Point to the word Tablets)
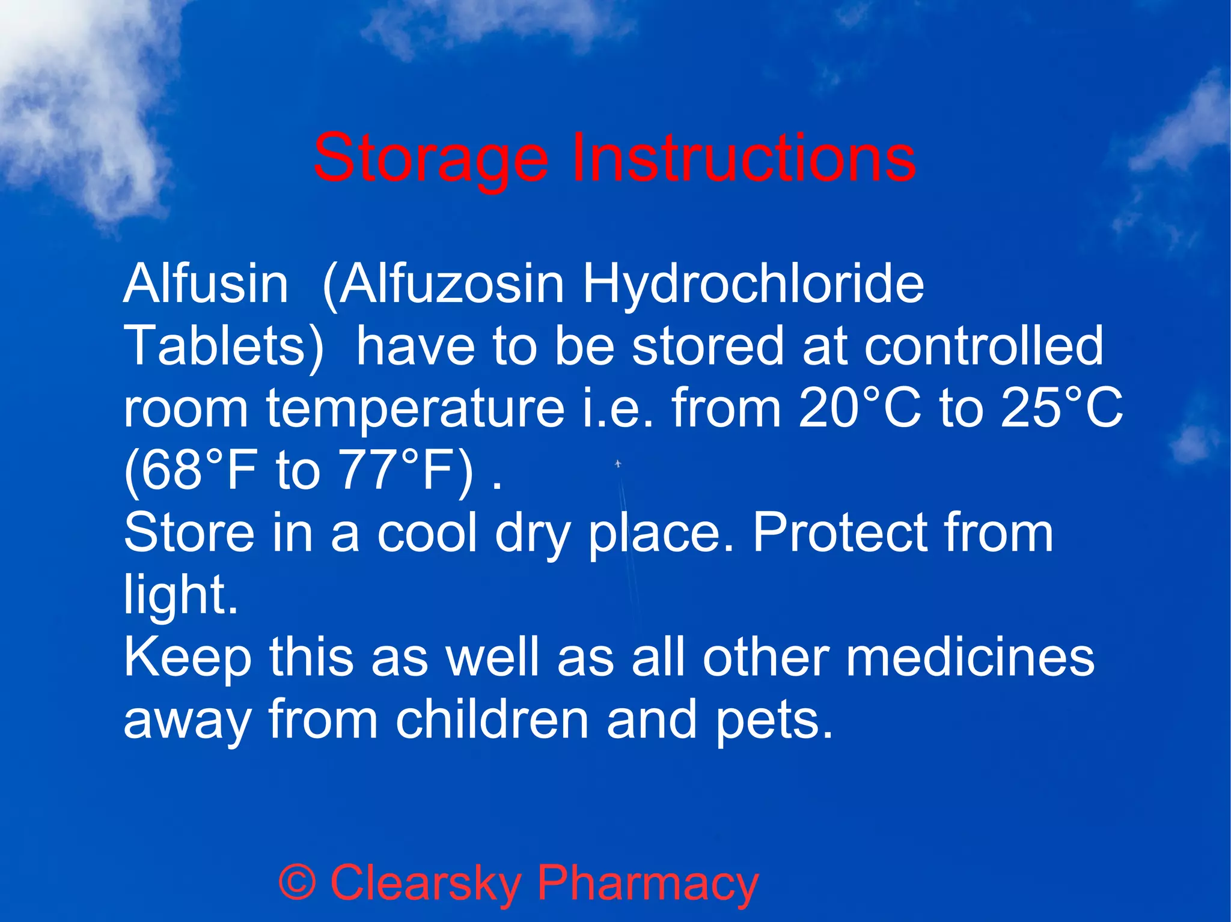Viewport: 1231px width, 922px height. coord(224,347)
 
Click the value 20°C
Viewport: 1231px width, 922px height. coord(860,408)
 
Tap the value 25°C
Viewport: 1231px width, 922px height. coord(1061,408)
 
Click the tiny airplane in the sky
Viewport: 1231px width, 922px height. coord(618,464)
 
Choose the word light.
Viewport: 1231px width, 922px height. coord(180,596)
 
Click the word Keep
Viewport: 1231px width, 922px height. coord(187,659)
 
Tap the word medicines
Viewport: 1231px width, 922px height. coord(970,658)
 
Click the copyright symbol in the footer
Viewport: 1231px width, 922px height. coord(297,883)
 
